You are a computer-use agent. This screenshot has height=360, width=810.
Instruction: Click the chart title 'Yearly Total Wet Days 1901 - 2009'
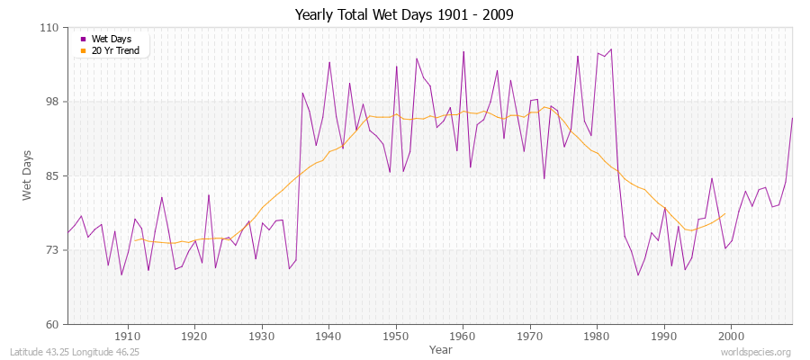pyautogui.click(x=404, y=15)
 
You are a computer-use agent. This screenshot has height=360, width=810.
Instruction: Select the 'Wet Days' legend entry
pyautogui.click(x=111, y=39)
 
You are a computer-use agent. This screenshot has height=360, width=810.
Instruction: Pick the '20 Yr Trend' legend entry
pyautogui.click(x=115, y=50)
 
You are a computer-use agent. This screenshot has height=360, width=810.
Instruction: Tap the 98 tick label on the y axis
pyautogui.click(x=51, y=102)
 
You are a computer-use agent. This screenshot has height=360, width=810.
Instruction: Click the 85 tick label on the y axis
pyautogui.click(x=51, y=175)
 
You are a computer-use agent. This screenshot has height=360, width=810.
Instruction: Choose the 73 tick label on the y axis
pyautogui.click(x=51, y=249)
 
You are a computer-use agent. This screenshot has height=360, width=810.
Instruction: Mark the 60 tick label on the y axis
pyautogui.click(x=51, y=324)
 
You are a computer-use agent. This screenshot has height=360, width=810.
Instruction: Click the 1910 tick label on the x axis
pyautogui.click(x=128, y=337)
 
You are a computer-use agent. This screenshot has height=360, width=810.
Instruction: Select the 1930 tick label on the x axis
pyautogui.click(x=262, y=337)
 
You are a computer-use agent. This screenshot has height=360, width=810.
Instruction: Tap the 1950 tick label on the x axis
pyautogui.click(x=396, y=337)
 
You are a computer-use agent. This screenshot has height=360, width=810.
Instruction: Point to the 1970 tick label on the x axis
pyautogui.click(x=530, y=337)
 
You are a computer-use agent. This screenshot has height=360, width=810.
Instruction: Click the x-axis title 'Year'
pyautogui.click(x=441, y=349)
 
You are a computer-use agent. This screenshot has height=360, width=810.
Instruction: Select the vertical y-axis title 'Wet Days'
pyautogui.click(x=28, y=175)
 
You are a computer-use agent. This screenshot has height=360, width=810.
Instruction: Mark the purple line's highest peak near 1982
pyautogui.click(x=610, y=49)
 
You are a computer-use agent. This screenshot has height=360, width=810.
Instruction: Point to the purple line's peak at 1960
pyautogui.click(x=463, y=51)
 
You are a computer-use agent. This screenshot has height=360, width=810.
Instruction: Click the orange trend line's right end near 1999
pyautogui.click(x=724, y=214)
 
